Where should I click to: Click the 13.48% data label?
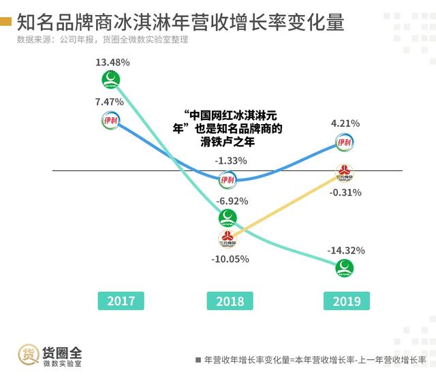[x=112, y=63]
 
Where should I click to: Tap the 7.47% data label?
[x=110, y=102]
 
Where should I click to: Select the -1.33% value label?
[x=231, y=161]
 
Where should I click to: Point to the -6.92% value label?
[x=231, y=201]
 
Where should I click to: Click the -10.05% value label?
[x=230, y=259]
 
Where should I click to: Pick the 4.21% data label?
[x=345, y=123]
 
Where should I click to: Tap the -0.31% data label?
[x=345, y=193]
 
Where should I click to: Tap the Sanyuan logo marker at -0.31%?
[x=345, y=172]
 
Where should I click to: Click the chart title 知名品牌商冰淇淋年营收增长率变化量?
[x=180, y=22]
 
